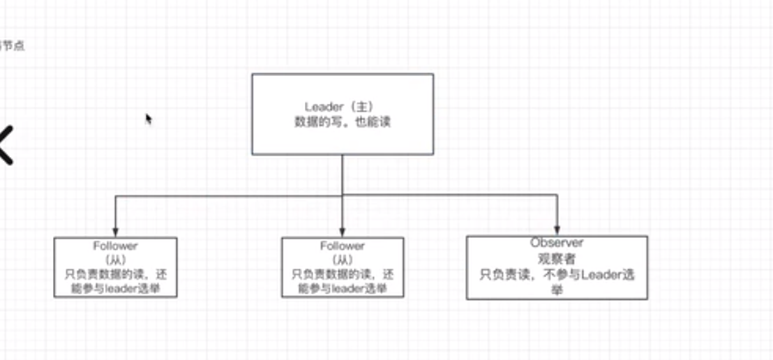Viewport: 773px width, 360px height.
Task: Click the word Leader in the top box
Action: pos(324,107)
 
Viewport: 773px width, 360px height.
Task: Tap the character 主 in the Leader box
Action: pos(361,107)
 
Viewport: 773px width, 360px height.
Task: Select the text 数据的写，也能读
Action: pos(342,121)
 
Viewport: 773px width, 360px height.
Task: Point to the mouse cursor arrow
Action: pos(148,119)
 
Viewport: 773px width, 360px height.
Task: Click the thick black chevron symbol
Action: pos(6,145)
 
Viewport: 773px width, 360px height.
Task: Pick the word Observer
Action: pos(557,243)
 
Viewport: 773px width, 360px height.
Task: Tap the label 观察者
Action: pos(557,259)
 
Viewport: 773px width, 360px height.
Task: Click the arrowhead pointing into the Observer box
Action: pos(557,231)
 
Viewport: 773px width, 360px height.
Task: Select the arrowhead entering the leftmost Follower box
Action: pos(115,232)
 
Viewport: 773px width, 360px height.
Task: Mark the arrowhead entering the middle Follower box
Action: pos(343,232)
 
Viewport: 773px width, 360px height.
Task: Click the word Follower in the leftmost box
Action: pos(115,246)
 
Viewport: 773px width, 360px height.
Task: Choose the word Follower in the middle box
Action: pos(343,246)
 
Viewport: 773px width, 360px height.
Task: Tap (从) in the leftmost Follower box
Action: pos(115,260)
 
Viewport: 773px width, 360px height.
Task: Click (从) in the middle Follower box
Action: pos(343,260)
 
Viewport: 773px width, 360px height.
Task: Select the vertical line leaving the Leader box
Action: pos(343,174)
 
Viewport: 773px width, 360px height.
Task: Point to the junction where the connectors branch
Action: pos(343,195)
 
